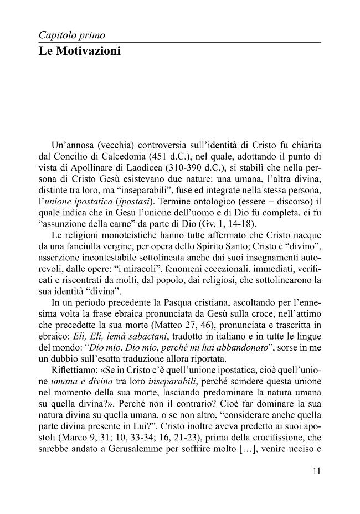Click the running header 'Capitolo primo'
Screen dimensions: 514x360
click(72, 35)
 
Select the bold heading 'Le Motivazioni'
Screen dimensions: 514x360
click(79, 52)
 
